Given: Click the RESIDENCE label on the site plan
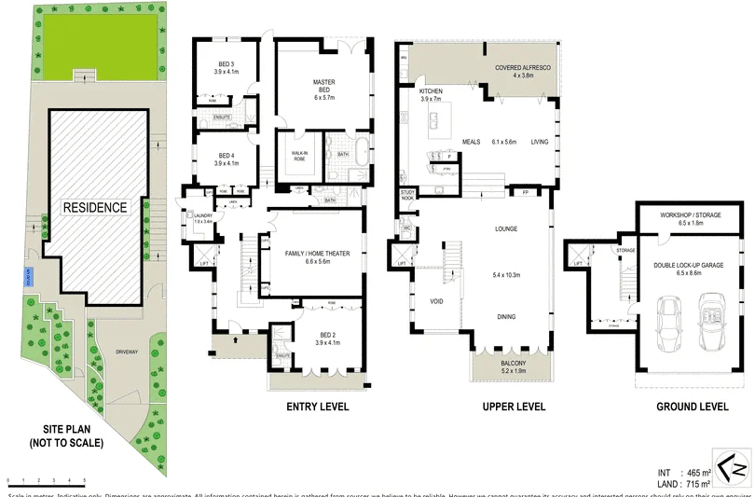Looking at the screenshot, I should pyautogui.click(x=95, y=207).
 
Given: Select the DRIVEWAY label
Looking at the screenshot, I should pyautogui.click(x=127, y=352).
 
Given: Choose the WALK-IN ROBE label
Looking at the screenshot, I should pyautogui.click(x=299, y=156).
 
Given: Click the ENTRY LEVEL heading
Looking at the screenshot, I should pyautogui.click(x=317, y=407).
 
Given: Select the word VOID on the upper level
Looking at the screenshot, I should pyautogui.click(x=435, y=301).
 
